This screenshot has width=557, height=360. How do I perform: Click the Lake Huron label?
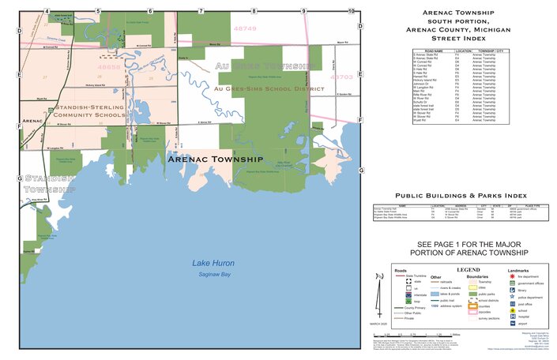[x=214, y=263]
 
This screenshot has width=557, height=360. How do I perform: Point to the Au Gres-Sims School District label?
[x=269, y=89]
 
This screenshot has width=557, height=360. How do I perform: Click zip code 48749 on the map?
[x=246, y=28]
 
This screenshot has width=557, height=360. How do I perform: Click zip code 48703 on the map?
[x=341, y=77]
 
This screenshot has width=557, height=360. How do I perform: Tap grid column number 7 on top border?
[x=201, y=11]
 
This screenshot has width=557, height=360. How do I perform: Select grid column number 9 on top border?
[x=303, y=11]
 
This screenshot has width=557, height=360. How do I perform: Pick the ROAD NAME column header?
[x=412, y=50]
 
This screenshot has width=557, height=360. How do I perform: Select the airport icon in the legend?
[x=513, y=321]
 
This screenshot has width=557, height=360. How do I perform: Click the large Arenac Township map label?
[x=215, y=159]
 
